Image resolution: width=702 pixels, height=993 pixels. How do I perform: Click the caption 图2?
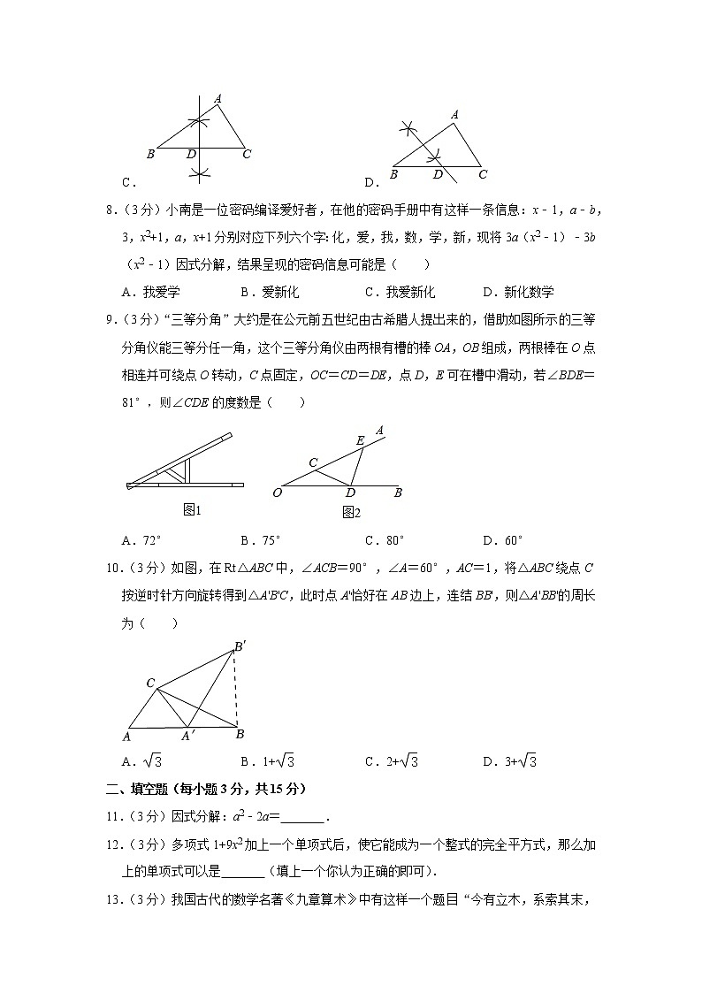click(351, 512)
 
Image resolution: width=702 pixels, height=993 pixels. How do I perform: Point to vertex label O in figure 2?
click(277, 493)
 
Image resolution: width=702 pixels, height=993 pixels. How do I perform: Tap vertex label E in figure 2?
click(359, 439)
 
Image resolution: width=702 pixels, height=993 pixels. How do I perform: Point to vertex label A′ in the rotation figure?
click(188, 736)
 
